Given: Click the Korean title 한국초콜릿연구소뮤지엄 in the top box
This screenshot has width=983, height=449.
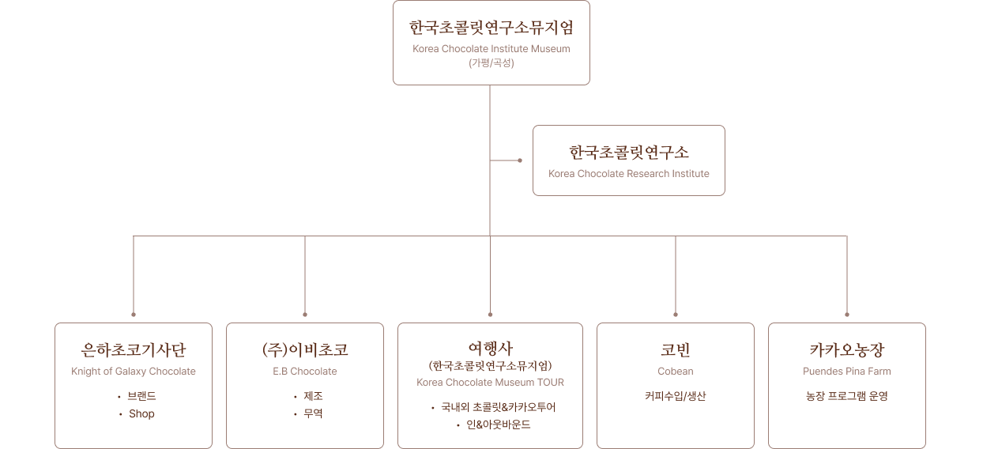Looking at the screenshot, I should click(491, 28).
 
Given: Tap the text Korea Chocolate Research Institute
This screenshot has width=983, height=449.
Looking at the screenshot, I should click(629, 174).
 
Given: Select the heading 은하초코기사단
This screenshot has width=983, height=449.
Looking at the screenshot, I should click(134, 350).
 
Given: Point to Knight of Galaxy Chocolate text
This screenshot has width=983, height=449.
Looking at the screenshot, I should click(134, 372).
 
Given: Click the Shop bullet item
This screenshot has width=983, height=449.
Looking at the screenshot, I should click(141, 414).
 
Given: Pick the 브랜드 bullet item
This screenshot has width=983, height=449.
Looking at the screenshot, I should click(141, 397).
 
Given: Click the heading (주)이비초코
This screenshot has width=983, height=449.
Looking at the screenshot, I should click(305, 350).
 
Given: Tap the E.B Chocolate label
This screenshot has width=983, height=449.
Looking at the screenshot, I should click(305, 372).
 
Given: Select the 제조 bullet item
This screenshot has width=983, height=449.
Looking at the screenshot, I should click(313, 397).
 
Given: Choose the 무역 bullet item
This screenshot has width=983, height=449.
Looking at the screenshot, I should click(313, 414).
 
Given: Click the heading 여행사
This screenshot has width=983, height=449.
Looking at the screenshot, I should click(490, 348).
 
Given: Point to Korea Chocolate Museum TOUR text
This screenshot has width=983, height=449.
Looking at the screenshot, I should click(490, 383).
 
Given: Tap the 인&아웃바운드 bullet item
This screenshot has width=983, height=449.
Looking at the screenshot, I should click(499, 425).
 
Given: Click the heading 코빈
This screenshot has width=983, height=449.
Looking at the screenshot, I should click(676, 350).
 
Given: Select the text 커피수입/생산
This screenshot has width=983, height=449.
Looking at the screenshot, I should click(676, 397).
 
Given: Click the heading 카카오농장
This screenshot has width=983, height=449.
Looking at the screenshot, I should click(846, 350).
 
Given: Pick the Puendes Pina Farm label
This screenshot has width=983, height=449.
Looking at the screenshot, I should click(846, 372).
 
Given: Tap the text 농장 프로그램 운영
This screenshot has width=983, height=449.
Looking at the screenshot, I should click(846, 397).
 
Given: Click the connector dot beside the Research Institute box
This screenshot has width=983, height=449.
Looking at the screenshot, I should click(520, 160).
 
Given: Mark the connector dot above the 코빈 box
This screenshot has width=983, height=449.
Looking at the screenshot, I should click(676, 314).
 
